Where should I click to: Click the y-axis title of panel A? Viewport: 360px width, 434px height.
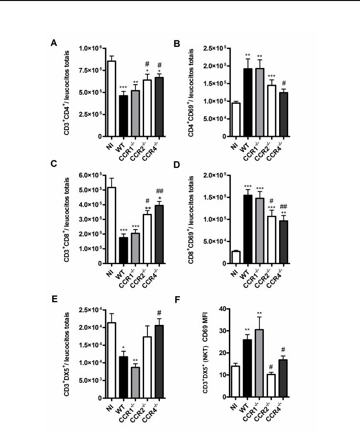click(x=71, y=92)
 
